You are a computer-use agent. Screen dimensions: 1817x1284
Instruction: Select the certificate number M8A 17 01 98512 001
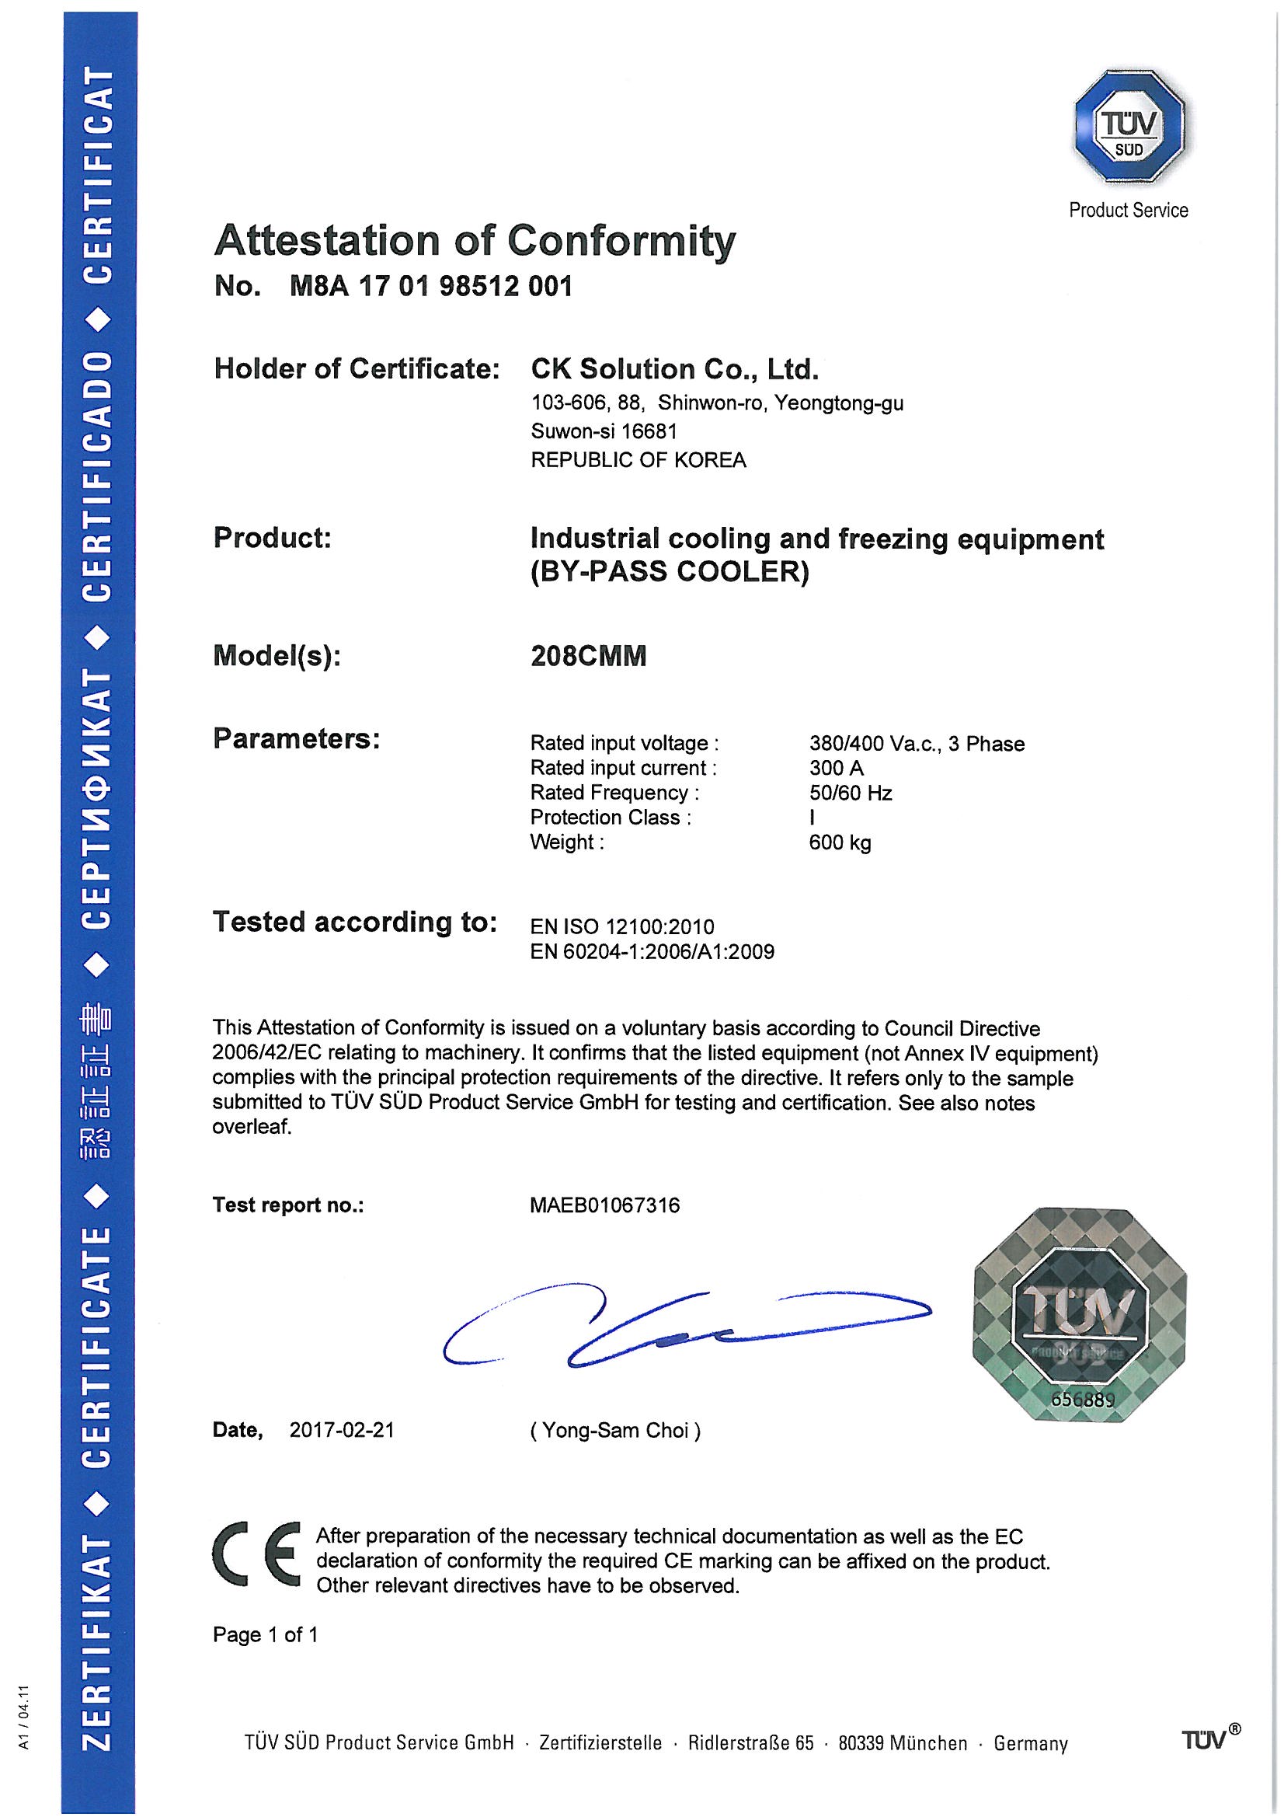tap(431, 286)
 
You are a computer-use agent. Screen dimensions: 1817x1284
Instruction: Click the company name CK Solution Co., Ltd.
tap(674, 369)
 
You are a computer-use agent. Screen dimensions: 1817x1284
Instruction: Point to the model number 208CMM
tap(588, 656)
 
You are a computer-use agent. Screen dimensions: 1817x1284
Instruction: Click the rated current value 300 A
tap(837, 768)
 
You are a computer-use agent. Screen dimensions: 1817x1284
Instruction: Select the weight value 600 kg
tap(840, 842)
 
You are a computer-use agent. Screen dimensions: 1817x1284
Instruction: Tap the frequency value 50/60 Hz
tap(851, 793)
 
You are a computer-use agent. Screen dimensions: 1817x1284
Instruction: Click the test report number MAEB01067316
tap(604, 1205)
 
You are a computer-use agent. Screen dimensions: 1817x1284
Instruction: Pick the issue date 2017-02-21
tap(342, 1430)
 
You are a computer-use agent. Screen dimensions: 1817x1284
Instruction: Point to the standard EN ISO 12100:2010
tap(622, 926)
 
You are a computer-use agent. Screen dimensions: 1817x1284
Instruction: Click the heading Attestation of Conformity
tap(475, 240)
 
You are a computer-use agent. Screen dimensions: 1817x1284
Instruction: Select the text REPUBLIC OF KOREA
tap(639, 460)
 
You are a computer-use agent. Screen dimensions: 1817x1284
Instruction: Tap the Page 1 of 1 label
tap(265, 1635)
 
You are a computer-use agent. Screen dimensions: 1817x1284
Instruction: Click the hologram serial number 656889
tap(1082, 1399)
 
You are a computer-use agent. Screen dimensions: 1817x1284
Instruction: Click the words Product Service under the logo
tap(1128, 210)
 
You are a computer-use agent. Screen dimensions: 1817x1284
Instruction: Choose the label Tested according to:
tap(354, 922)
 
